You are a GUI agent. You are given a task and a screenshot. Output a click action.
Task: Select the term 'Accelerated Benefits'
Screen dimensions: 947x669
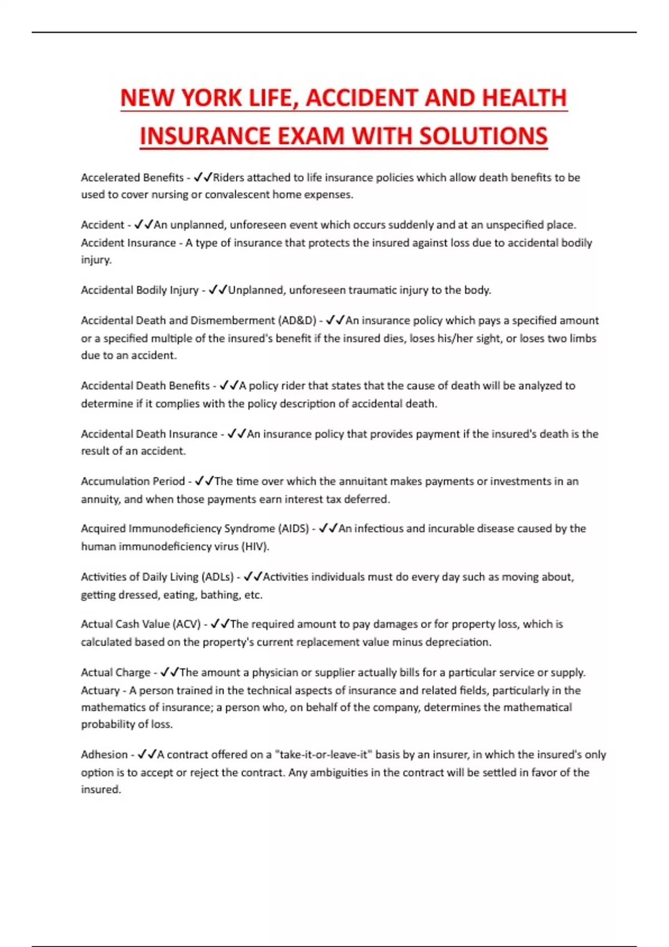[x=132, y=177]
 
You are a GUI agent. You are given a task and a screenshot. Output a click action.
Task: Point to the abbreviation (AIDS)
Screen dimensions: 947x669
[x=293, y=528]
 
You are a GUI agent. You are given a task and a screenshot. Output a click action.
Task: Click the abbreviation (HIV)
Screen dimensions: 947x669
[x=255, y=546]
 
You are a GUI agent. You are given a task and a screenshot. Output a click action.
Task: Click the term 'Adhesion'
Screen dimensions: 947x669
[x=104, y=754]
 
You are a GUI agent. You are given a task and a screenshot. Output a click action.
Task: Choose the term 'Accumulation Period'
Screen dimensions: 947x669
[x=133, y=481]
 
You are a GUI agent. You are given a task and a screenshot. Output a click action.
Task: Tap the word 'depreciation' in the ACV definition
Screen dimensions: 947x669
[x=458, y=642]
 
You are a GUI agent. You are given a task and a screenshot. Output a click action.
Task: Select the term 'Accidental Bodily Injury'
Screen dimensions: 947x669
[x=139, y=290]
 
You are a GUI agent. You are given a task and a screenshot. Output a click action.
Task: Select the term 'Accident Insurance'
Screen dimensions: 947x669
[x=128, y=242]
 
